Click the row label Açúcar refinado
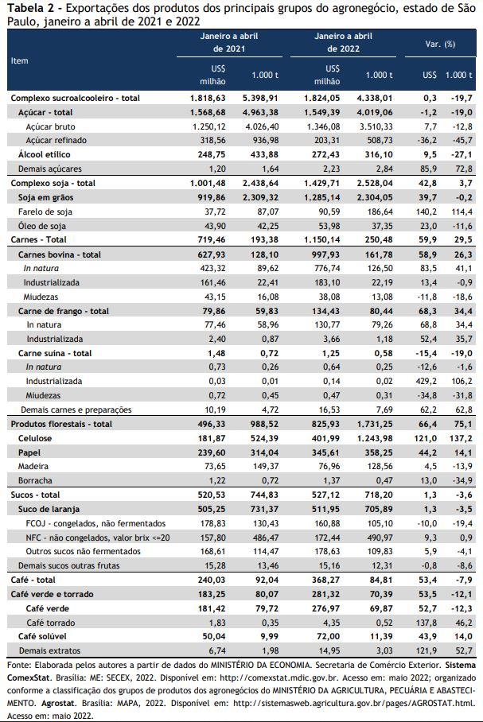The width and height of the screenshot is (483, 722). point(56,141)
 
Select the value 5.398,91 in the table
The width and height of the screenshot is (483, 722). point(260,98)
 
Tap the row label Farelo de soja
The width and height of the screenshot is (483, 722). point(45,212)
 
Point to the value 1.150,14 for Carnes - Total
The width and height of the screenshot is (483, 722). point(321,240)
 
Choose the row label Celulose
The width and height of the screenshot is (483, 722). point(35,438)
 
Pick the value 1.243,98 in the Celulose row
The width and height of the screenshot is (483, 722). point(375,438)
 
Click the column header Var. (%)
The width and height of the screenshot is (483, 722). point(440,45)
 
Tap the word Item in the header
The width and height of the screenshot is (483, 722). point(19,60)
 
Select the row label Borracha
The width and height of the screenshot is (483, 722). point(35,481)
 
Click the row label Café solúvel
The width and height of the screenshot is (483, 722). point(42,636)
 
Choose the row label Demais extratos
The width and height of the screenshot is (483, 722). point(50,650)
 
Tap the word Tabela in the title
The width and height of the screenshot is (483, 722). point(23,8)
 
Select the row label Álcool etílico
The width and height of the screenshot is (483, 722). point(45,155)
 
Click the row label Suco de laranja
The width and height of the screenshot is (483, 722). point(49,509)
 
